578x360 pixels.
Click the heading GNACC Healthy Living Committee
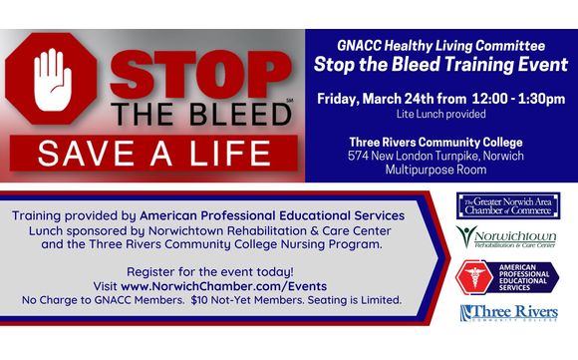[x=439, y=46]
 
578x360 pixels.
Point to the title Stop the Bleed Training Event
[x=439, y=66]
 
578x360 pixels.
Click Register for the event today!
[x=209, y=270]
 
